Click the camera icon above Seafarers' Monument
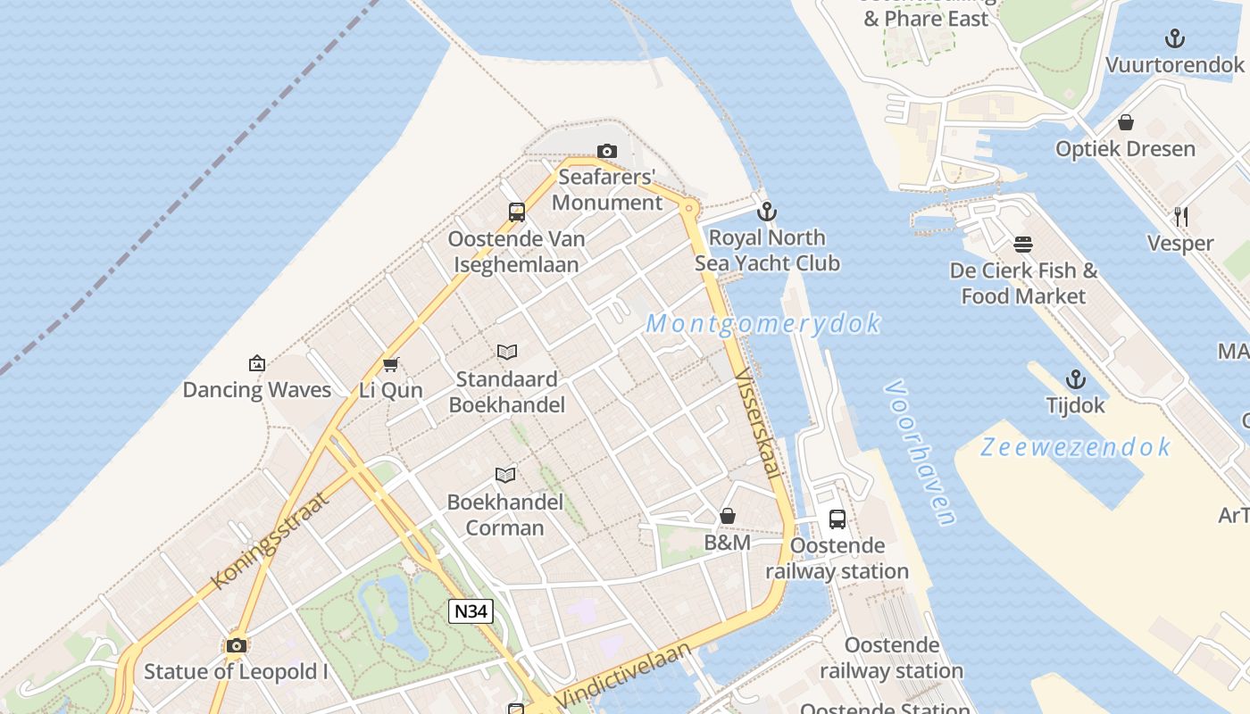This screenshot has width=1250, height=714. (607, 151)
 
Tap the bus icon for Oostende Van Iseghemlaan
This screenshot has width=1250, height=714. (517, 212)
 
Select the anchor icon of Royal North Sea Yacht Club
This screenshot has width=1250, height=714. (766, 212)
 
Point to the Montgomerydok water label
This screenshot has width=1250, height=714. (763, 323)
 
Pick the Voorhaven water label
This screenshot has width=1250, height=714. (921, 452)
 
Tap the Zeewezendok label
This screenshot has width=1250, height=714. (1075, 446)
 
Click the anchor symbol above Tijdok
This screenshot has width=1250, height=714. (1076, 379)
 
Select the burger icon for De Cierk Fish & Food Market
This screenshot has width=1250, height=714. (1023, 244)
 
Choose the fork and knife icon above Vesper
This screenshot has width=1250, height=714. (1180, 216)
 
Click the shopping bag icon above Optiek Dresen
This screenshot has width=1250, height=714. (1125, 121)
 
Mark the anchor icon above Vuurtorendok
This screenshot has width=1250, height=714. (1175, 38)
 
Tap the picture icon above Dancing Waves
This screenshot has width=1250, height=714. (257, 363)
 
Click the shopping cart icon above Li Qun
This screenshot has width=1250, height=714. (390, 364)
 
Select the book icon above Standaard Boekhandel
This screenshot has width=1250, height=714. (507, 352)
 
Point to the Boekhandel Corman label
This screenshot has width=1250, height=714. (505, 515)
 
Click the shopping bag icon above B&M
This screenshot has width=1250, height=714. (728, 516)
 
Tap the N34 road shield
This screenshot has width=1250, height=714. (470, 611)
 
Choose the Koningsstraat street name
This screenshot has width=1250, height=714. (270, 540)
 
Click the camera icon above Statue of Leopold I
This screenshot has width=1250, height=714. (237, 645)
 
